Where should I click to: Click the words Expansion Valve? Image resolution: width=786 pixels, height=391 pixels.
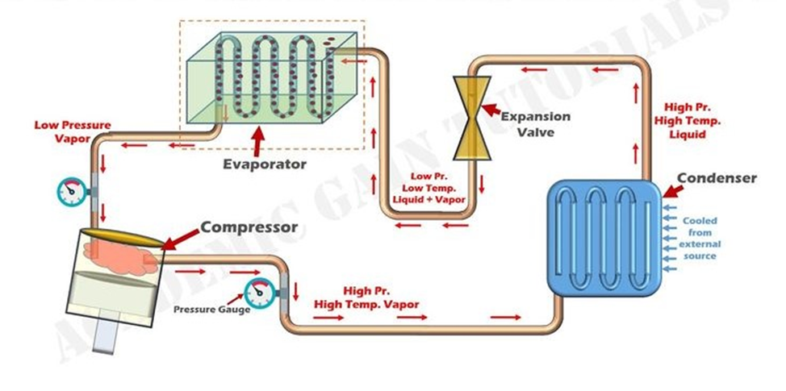(535, 124)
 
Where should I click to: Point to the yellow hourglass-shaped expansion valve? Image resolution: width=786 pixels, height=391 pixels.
(467, 118)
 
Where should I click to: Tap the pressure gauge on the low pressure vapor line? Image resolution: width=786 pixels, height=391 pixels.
(71, 192)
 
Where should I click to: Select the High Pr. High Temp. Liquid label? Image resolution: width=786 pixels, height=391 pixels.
(692, 120)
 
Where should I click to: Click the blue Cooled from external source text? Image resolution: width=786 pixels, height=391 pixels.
(700, 239)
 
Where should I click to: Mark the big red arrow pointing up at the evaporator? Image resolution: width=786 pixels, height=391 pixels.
(258, 141)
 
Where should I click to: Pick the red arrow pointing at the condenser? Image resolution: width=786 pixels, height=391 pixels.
(673, 191)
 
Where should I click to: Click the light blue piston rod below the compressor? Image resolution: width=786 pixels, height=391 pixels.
(107, 339)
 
